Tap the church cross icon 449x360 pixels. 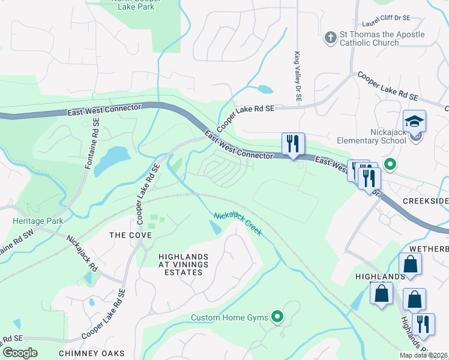coord(330,38)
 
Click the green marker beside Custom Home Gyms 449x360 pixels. coord(277,316)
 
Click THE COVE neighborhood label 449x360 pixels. coord(130,235)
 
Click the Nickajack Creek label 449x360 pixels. coord(238,223)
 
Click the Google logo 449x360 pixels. coord(20,353)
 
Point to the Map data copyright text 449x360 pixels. coord(423,355)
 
